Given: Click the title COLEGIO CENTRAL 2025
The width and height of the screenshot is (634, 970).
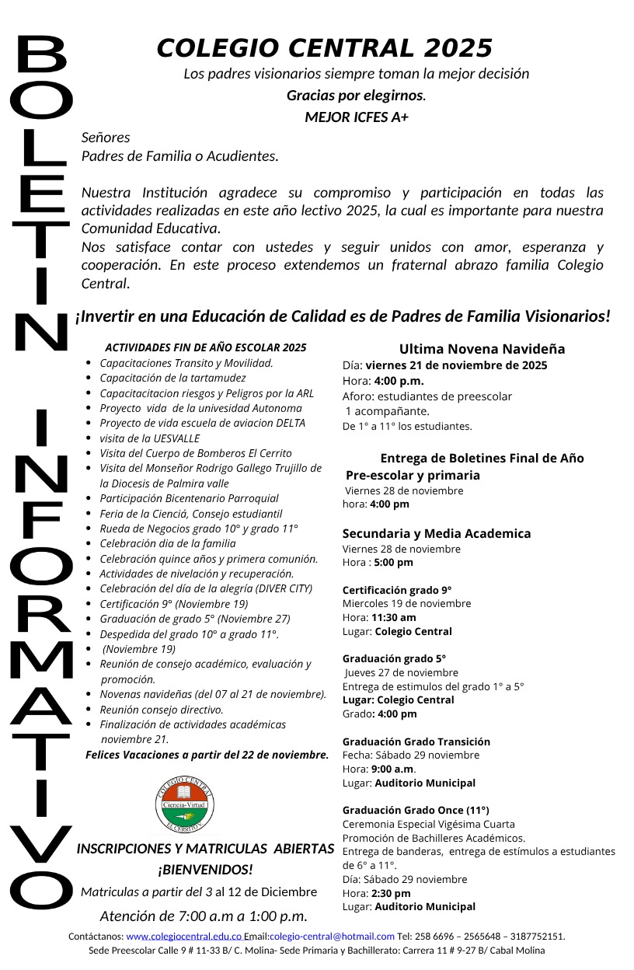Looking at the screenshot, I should click(x=325, y=48).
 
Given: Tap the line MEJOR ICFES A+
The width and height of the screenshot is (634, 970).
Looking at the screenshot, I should click(x=357, y=117).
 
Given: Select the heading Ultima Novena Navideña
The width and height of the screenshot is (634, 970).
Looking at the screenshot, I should click(x=482, y=349).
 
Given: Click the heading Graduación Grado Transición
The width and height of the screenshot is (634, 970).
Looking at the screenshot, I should click(x=416, y=741).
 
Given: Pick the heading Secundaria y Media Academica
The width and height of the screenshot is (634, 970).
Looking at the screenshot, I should click(x=437, y=533).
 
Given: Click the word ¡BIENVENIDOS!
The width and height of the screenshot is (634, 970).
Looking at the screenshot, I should click(x=205, y=869).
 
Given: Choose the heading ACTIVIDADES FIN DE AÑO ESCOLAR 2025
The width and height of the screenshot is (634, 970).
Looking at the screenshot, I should click(x=206, y=347).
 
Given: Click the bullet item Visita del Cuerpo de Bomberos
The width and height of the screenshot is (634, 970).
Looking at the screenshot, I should click(x=196, y=453).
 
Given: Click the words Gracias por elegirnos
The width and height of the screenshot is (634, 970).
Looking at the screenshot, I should click(x=356, y=96).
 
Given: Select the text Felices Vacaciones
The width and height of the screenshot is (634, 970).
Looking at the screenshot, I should click(x=131, y=755).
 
